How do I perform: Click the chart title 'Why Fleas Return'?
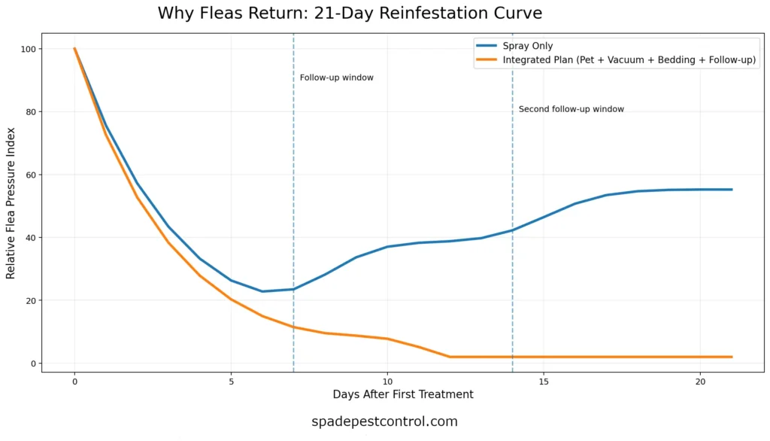pos(350,14)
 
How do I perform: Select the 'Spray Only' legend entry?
pos(527,46)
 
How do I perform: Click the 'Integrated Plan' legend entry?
pos(629,60)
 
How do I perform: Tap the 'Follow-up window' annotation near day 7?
pos(336,78)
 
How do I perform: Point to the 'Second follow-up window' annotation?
pos(571,109)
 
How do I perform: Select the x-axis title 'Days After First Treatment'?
pos(403,394)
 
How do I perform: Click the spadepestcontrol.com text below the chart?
pos(384,421)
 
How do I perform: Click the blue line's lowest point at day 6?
pos(262,291)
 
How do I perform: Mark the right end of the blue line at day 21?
pos(732,190)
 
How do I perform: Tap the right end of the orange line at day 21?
pos(732,357)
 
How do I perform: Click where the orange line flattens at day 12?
pos(450,357)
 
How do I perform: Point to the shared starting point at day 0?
pos(74,49)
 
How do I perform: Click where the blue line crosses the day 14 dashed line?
pos(513,230)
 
